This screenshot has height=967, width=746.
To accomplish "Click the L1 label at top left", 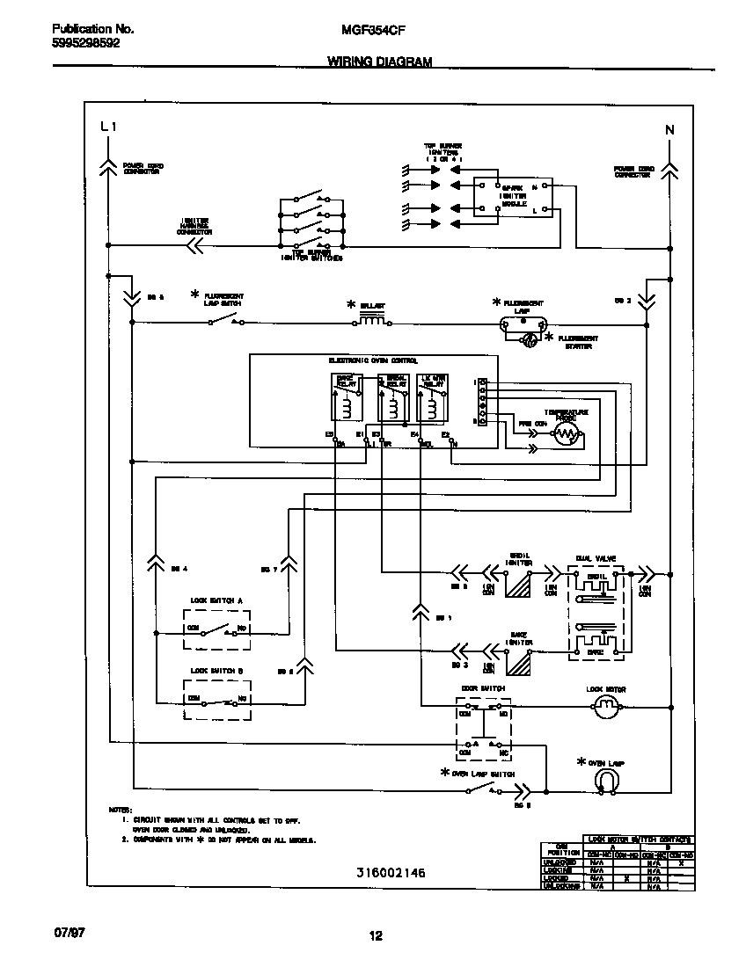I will coord(108,127).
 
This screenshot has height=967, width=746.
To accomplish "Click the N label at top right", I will coord(669,130).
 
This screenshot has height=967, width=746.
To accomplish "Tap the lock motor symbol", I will coord(606,705).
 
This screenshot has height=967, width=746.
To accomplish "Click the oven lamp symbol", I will coord(605,779).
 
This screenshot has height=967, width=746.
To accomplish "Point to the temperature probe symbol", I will coord(566,434).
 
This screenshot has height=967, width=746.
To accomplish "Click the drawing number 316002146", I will coord(391,874).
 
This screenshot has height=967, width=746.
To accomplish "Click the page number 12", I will coord(376,935).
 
